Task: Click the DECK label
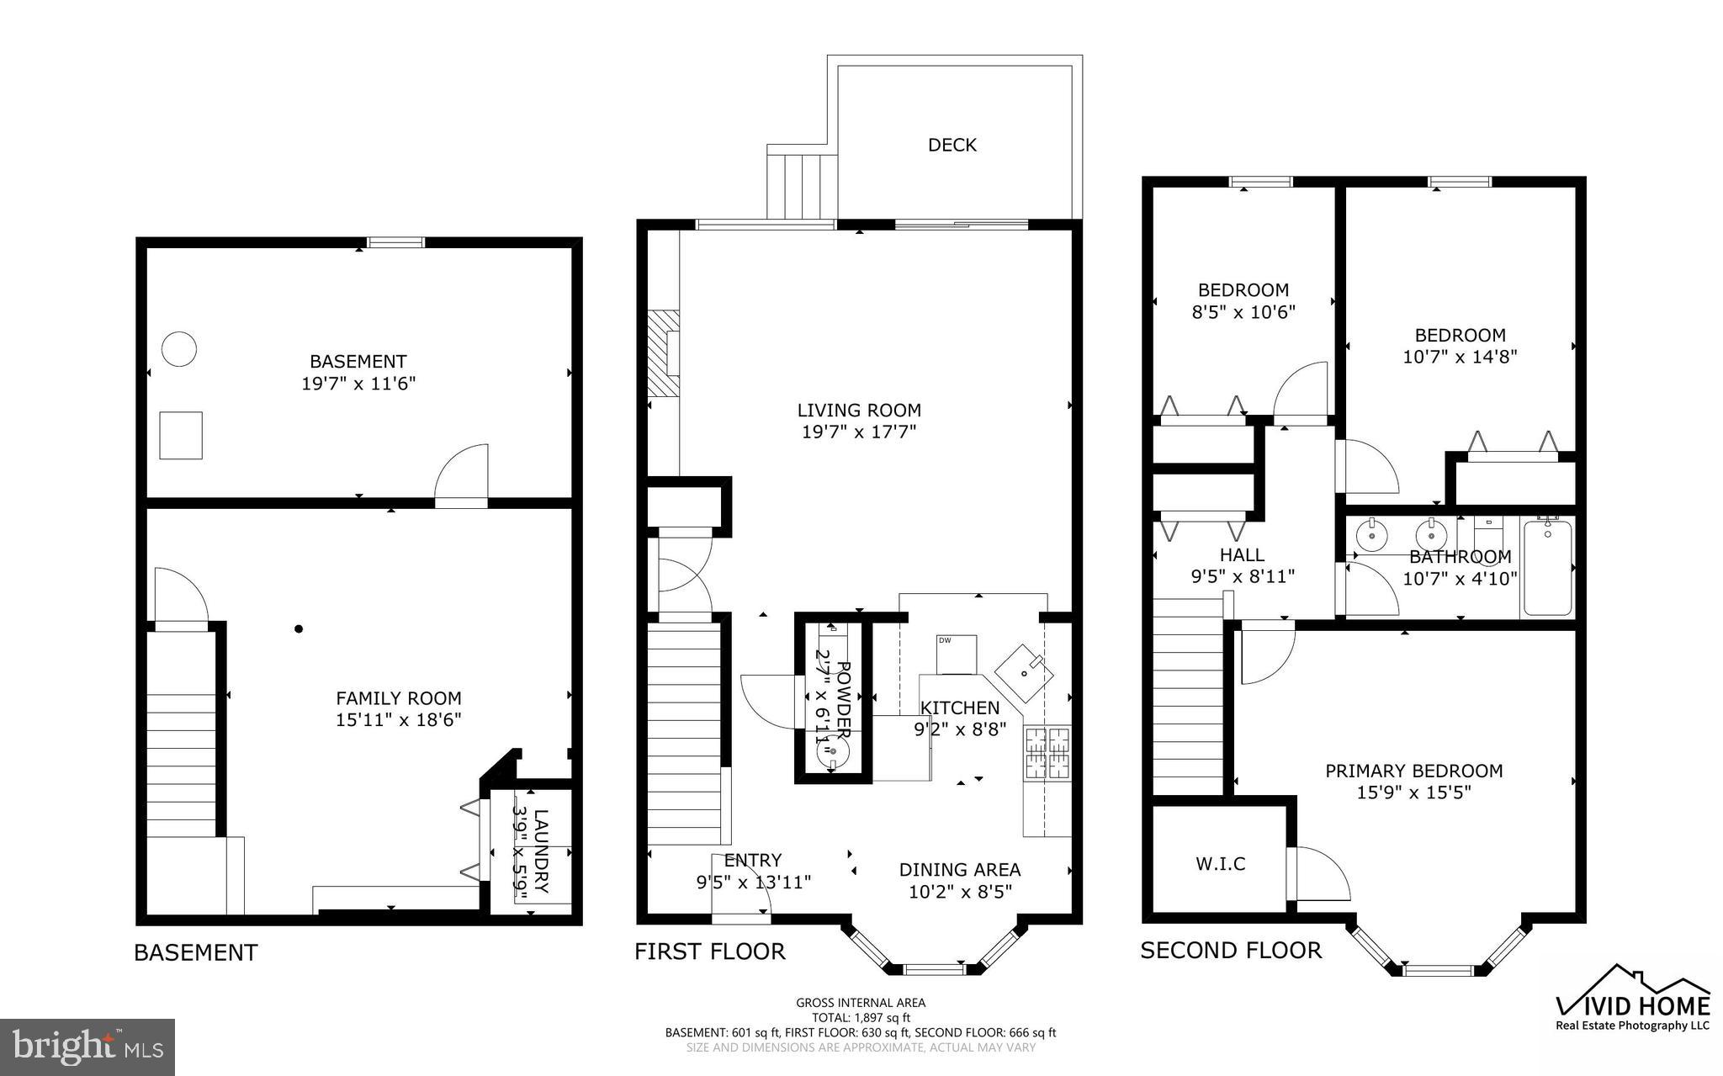[952, 145]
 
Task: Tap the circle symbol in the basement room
[179, 348]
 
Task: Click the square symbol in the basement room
[181, 435]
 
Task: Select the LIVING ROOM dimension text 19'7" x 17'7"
[859, 432]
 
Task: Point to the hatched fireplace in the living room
[663, 353]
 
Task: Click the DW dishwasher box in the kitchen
[957, 654]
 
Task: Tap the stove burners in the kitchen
[1047, 752]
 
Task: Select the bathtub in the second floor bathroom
[1547, 568]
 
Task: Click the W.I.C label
[1220, 863]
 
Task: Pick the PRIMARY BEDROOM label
[1413, 771]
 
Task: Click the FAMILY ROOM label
[399, 698]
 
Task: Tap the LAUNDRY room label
[541, 851]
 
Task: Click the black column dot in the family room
[298, 628]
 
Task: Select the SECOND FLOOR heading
[1230, 951]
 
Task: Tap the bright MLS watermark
[87, 1047]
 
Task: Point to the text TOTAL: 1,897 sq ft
[861, 1017]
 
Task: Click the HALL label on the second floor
[1242, 554]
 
